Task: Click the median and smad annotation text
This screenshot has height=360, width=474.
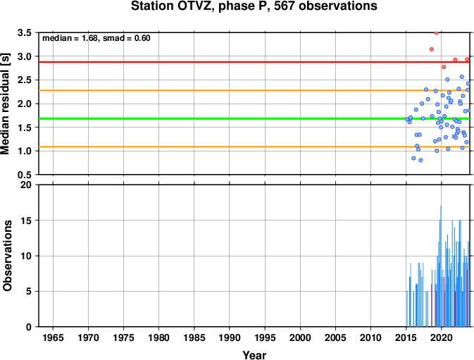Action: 96,38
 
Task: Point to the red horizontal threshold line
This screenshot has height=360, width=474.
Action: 254,62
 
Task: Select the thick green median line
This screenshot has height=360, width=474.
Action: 254,118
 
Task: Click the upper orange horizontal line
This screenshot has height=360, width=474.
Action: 254,90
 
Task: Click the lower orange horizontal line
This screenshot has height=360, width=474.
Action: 254,147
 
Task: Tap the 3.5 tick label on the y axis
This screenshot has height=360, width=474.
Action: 25,32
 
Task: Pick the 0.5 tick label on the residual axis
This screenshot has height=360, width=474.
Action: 25,175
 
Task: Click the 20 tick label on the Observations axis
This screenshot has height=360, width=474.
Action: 26,185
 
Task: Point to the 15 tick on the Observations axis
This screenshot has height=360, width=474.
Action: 26,221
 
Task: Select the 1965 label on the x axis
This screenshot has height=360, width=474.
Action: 54,337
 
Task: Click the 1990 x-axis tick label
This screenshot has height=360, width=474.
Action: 230,337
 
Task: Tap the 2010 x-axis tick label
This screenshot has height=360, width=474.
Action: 370,337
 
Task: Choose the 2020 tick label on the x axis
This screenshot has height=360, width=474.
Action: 441,337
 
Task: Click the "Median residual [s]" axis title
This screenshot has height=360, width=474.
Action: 6,104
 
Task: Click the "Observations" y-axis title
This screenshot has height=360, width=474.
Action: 6,256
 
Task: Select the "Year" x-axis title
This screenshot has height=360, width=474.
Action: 254,354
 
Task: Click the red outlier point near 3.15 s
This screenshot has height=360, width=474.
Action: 432,49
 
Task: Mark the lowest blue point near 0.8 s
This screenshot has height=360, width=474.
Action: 420,160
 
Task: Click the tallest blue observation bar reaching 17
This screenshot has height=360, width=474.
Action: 441,266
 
